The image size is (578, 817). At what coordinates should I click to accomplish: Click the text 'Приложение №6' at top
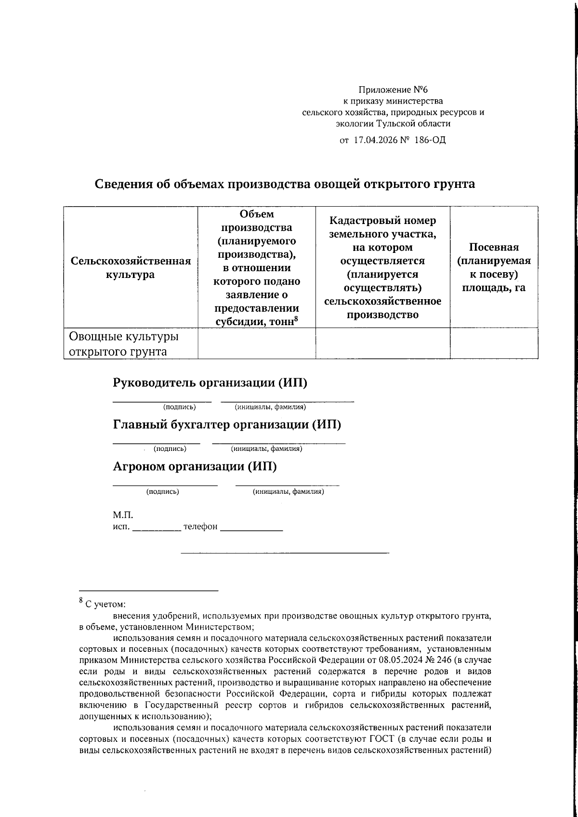tap(393, 90)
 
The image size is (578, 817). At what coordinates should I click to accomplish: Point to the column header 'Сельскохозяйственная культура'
tap(131, 268)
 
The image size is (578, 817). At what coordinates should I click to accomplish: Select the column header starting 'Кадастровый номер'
tap(382, 268)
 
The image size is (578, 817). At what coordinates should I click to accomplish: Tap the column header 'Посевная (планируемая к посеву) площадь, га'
tap(494, 268)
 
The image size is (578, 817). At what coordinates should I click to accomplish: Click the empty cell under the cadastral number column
tap(382, 343)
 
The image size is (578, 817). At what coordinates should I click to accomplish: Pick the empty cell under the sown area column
tap(494, 343)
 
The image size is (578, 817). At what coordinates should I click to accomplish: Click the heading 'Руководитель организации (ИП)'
tap(210, 383)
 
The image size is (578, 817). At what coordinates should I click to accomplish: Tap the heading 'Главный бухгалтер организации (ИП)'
tap(227, 425)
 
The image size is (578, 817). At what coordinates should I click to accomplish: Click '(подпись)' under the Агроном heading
tap(163, 492)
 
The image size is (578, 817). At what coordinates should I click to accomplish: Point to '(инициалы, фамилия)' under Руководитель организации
tap(270, 408)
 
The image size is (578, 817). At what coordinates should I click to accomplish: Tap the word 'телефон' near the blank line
tap(200, 527)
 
